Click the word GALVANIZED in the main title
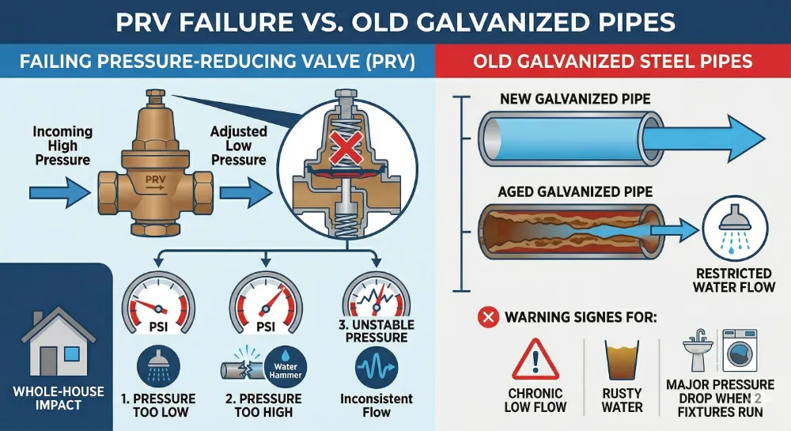pos(490,21)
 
